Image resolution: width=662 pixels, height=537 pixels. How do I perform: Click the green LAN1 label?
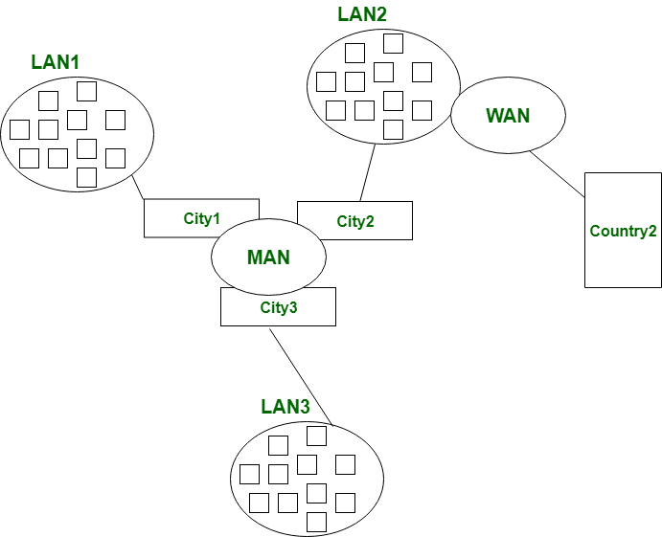(56, 62)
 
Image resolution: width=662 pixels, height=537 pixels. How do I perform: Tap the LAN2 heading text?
(362, 14)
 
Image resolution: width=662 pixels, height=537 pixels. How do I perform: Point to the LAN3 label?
(285, 407)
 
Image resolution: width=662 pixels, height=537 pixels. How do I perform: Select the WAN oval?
(508, 115)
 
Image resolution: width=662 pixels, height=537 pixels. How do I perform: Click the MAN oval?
(268, 257)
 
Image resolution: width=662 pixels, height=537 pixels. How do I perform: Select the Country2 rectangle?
(623, 231)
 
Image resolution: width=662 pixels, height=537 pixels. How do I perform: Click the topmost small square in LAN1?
(86, 91)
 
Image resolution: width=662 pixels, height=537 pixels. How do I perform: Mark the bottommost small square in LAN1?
(86, 177)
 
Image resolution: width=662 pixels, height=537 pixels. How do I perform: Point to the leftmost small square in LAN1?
(19, 129)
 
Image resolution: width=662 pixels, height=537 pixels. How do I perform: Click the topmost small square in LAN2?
(393, 43)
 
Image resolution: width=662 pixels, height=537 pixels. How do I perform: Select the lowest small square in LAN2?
(393, 129)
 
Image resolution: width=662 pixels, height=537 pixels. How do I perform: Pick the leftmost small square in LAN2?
(326, 81)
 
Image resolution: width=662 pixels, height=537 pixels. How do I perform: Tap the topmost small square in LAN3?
(316, 436)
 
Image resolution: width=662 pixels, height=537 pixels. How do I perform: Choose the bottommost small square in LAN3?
(316, 522)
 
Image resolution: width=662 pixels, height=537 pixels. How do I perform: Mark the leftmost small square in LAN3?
(249, 474)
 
